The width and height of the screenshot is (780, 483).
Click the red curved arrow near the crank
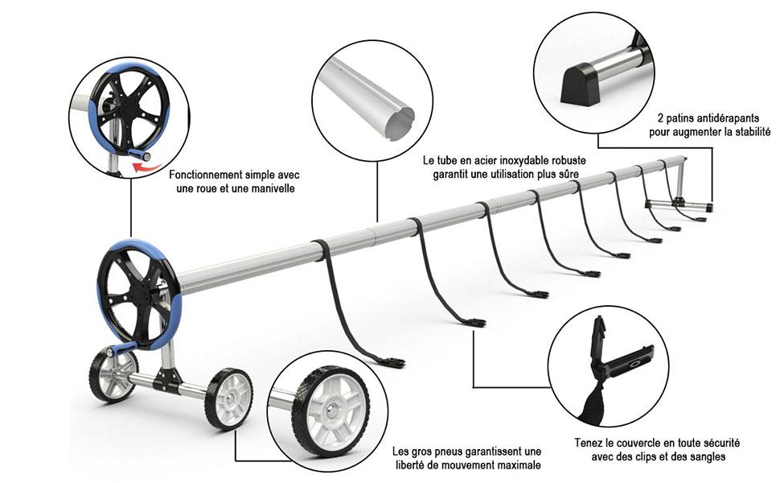click(146, 167)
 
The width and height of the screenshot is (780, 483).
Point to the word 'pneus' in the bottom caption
click(448, 452)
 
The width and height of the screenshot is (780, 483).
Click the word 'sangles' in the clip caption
click(708, 456)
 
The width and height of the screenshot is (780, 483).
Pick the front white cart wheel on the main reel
click(229, 398)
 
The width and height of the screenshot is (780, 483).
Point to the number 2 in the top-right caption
click(661, 118)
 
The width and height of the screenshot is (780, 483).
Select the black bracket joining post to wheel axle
click(165, 379)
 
